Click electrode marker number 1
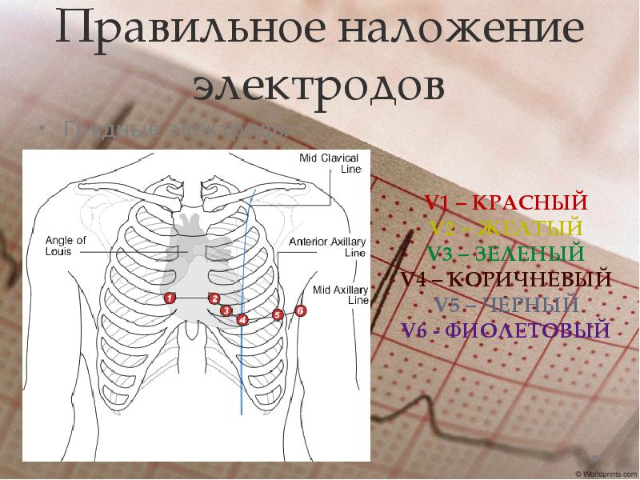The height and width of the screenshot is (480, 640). pos(170,298)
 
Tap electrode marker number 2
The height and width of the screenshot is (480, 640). pos(214,298)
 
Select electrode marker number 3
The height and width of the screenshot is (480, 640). pos(226,310)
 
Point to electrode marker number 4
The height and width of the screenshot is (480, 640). pos(242,320)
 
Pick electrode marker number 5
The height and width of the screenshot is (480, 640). pos(278,315)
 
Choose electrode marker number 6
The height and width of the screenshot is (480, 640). pos(301,310)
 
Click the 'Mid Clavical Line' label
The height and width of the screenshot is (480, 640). pos(329,163)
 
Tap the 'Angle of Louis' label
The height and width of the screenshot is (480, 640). pos(60,245)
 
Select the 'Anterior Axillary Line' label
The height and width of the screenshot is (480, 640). pos(327,246)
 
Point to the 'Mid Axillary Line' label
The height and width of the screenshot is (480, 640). pos(339,294)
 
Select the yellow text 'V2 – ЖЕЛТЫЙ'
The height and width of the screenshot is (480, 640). pos(506,228)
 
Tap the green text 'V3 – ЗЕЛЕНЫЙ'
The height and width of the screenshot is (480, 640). pos(506,254)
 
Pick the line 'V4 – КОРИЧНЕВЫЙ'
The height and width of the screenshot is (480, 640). pos(506,279)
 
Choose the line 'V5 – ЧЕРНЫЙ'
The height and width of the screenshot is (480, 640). pos(506,305)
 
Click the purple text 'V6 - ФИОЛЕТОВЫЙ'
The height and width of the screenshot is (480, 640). pos(506,330)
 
